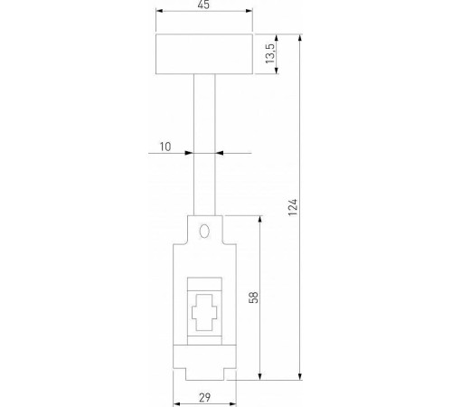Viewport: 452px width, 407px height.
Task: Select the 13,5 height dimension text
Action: coord(268,56)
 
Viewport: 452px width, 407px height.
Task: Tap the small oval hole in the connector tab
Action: coord(204,231)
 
